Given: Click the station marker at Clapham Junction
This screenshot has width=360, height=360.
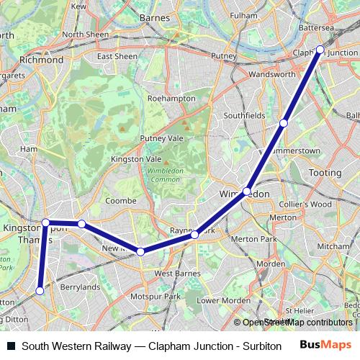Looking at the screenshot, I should click(320, 50).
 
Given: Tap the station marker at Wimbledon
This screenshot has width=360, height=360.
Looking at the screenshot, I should click(247, 192).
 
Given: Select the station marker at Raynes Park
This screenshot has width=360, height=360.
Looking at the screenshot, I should click(194, 235).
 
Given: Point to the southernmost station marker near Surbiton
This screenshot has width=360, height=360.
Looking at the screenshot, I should click(40, 291).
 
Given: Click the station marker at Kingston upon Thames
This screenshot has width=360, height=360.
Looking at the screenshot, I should click(45, 222).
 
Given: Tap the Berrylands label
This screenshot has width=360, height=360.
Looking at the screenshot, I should click(80, 287).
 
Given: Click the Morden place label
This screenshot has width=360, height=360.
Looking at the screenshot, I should click(271, 264).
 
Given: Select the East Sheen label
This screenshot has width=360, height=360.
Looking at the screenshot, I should click(117, 56).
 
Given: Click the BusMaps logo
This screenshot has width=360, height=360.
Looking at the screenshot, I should click(326, 345).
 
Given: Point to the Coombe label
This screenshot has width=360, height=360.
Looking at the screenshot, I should click(120, 201).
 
